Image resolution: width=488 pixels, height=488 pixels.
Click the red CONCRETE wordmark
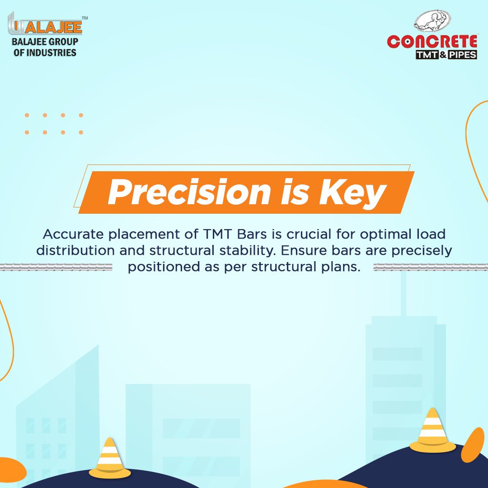(432, 42)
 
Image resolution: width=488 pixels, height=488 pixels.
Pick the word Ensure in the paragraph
(301, 250)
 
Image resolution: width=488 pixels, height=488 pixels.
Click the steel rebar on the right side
(431, 267)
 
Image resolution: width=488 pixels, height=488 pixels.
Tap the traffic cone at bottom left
(109, 458)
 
